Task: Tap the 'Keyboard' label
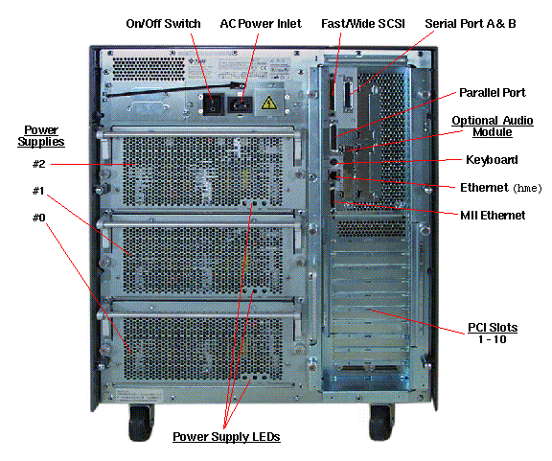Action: click(x=492, y=159)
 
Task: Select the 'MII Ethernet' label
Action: click(x=492, y=215)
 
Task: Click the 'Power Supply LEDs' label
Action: click(x=225, y=437)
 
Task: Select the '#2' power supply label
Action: click(x=40, y=165)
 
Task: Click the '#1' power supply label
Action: click(x=40, y=191)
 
